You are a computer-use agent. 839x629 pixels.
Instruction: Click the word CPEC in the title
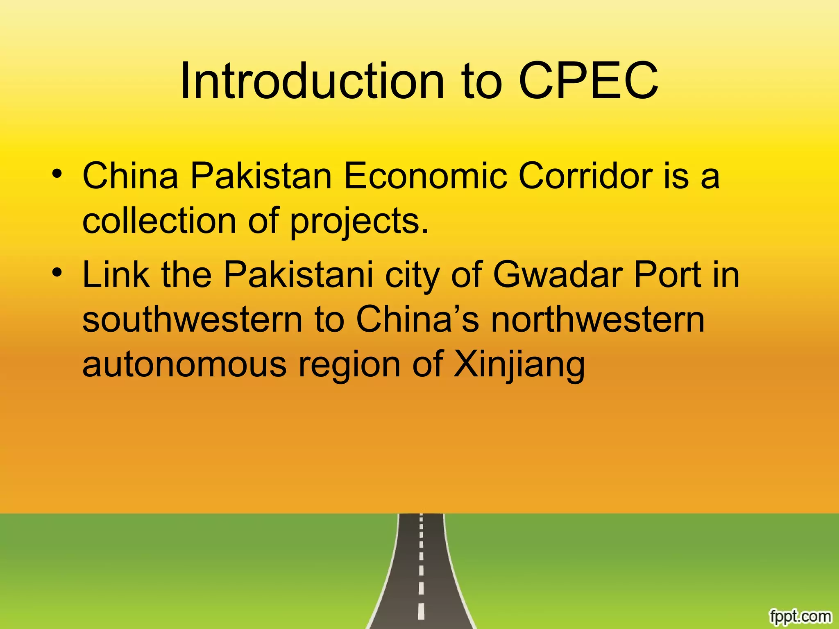(588, 81)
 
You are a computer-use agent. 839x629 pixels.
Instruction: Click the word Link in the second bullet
(116, 274)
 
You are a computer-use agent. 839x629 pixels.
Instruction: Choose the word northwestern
(598, 319)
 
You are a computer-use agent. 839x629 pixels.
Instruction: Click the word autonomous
(184, 364)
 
